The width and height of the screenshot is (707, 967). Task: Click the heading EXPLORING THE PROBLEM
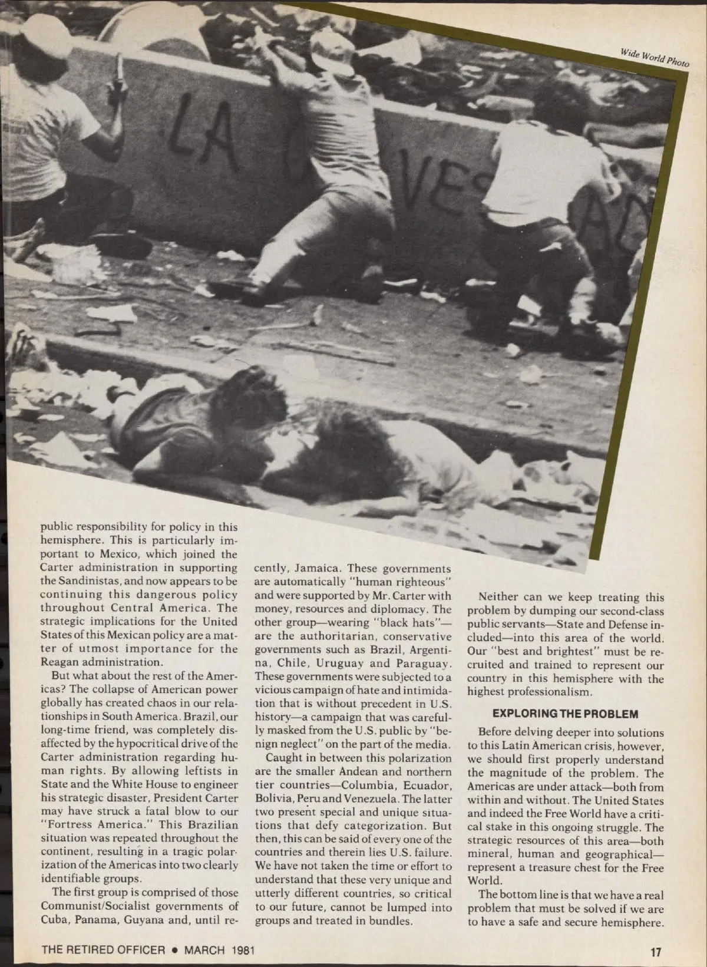tap(564, 714)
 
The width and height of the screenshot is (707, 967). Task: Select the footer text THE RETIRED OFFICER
tap(103, 950)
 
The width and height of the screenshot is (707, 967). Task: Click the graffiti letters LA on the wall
tap(197, 133)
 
